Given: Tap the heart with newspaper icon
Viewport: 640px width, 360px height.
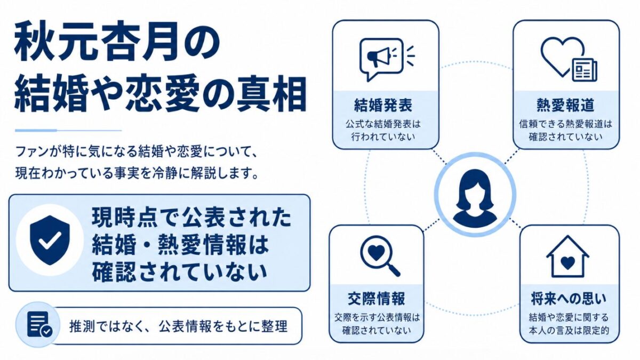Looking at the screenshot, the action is point(569,59).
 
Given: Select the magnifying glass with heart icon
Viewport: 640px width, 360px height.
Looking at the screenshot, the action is point(380,256).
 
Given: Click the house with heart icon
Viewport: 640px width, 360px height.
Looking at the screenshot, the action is point(567,257).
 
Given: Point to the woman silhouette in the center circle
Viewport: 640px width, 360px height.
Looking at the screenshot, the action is point(475,197).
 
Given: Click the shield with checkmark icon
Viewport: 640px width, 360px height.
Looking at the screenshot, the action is point(50,240).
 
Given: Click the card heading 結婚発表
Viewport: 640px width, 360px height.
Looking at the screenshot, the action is point(383,105).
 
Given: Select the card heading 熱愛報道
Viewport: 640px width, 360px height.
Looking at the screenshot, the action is point(565,105).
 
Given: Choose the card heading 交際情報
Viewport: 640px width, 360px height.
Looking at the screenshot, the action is point(377,299).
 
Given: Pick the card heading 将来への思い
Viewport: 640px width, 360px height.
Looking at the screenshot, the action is point(569,299).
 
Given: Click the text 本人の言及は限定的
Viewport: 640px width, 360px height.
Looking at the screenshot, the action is point(569,330).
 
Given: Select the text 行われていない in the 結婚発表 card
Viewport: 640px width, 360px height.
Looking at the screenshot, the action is point(383,137).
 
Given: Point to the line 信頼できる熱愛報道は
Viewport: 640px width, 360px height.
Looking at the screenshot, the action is point(566,124).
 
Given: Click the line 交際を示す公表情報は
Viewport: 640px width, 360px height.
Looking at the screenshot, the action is point(377,317).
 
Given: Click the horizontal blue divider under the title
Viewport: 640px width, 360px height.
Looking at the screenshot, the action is point(68,131).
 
